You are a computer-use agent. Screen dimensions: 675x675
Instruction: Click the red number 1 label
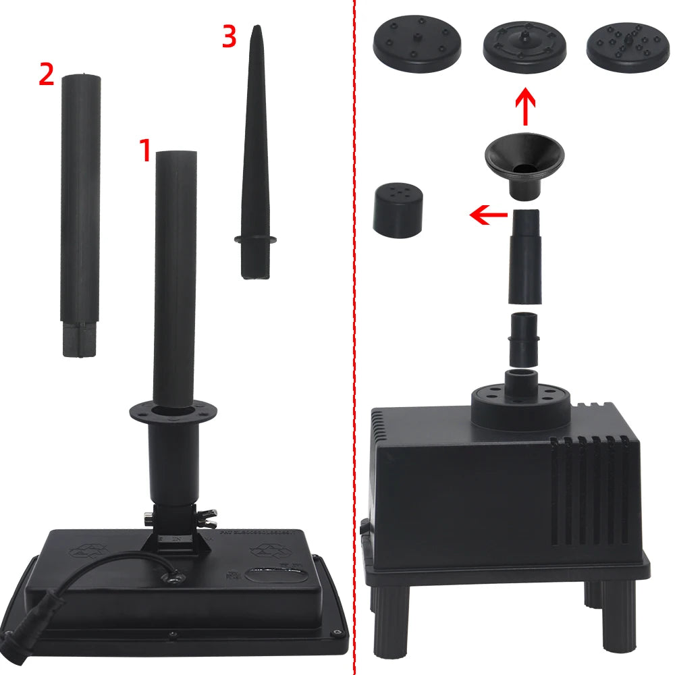pos(144,151)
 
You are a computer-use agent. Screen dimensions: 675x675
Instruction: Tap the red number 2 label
pos(46,76)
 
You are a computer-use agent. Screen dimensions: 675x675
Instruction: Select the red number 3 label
pos(230,38)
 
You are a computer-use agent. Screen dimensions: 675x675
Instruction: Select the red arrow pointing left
pos(488,216)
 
